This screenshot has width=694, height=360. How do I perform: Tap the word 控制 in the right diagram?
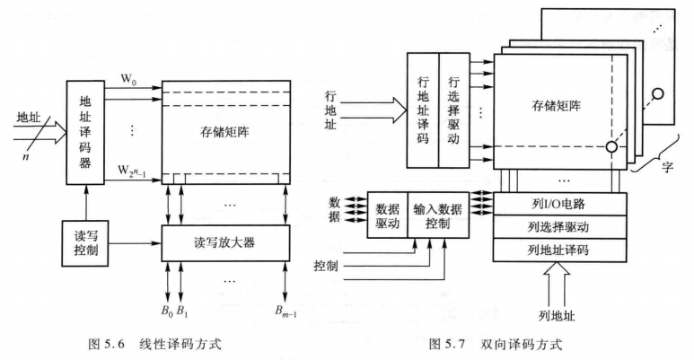[x=328, y=267]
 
